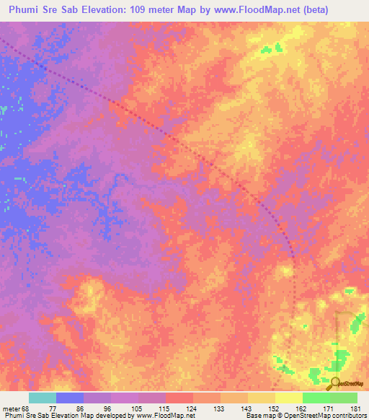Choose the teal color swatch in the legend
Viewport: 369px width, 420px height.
[x=43, y=398]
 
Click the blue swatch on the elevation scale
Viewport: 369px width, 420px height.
[x=70, y=398]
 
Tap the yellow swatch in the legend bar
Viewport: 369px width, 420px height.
[x=288, y=398]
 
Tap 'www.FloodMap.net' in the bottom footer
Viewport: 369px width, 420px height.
[x=164, y=416]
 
